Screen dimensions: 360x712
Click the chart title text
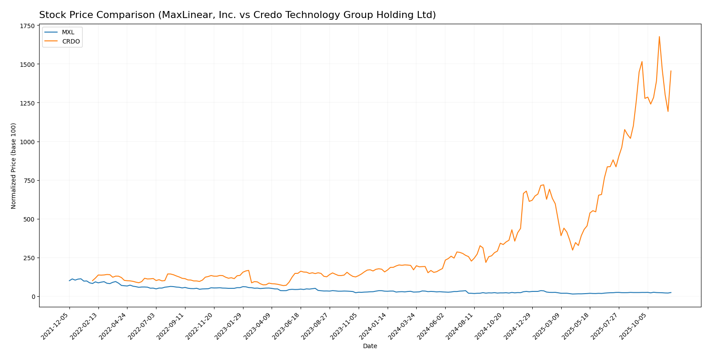pos(237,15)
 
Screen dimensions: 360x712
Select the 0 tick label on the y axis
pos(33,297)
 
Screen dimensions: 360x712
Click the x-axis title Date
pos(370,346)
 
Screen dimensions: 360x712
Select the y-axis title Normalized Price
pos(14,166)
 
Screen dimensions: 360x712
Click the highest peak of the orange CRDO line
pos(659,36)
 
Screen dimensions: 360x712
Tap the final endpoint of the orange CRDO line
pos(671,71)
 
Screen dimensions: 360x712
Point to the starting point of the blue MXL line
pos(69,281)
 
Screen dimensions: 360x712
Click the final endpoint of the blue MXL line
pos(671,292)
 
